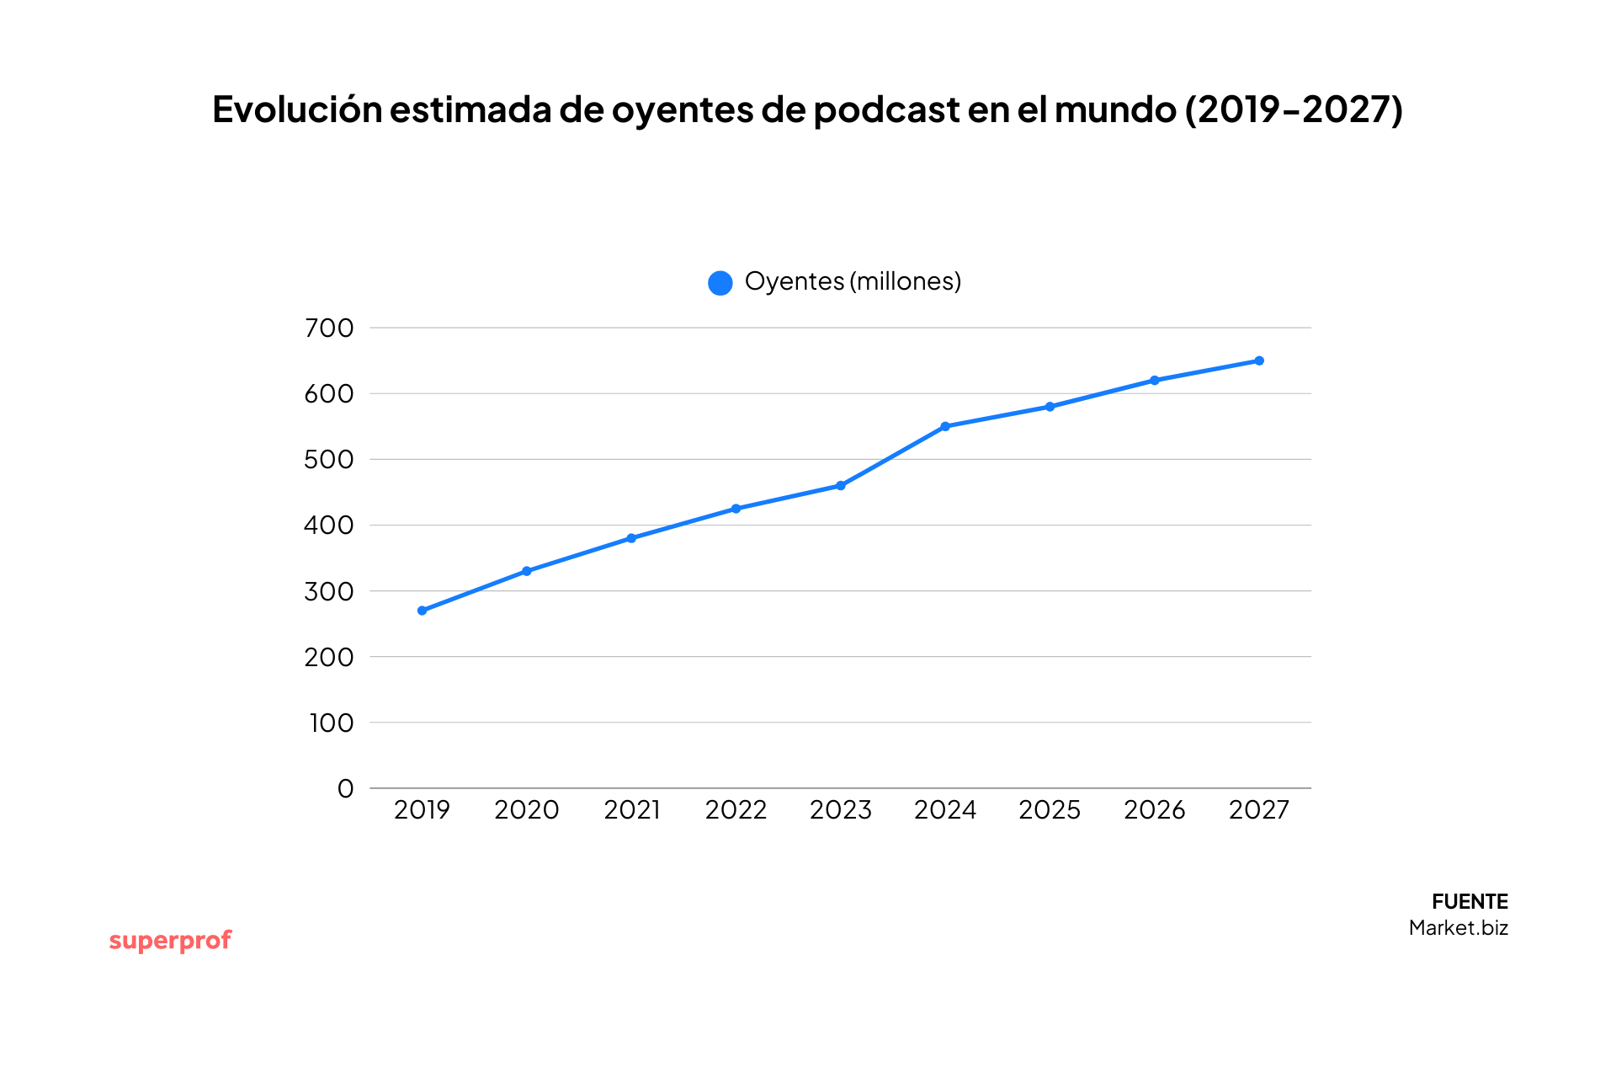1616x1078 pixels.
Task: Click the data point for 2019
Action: pyautogui.click(x=422, y=611)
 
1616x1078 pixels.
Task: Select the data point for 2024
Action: pyautogui.click(x=945, y=426)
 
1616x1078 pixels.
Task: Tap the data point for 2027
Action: pyautogui.click(x=1259, y=360)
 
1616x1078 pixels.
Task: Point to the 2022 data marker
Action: pyautogui.click(x=736, y=509)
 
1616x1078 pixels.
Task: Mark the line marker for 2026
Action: pyautogui.click(x=1155, y=381)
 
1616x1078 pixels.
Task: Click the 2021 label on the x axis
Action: pyautogui.click(x=631, y=810)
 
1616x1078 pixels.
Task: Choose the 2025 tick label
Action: pyautogui.click(x=1050, y=810)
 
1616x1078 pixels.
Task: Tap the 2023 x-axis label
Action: pyautogui.click(x=840, y=810)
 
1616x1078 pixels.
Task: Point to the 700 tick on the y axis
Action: pyautogui.click(x=329, y=328)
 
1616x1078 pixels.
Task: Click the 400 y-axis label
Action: pyautogui.click(x=329, y=526)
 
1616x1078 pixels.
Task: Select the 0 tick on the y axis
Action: pyautogui.click(x=345, y=789)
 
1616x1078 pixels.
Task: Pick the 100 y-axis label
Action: pyautogui.click(x=331, y=723)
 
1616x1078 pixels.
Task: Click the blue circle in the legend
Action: pyautogui.click(x=720, y=283)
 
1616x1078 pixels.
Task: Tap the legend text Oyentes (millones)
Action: pyautogui.click(x=853, y=281)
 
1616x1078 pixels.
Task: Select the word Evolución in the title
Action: pyautogui.click(x=297, y=109)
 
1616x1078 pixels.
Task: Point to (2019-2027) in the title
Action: pyautogui.click(x=1294, y=109)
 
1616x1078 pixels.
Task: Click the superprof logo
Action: pyautogui.click(x=170, y=941)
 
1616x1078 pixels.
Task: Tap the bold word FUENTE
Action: pyautogui.click(x=1470, y=902)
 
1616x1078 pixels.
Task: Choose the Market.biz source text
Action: pyautogui.click(x=1458, y=928)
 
